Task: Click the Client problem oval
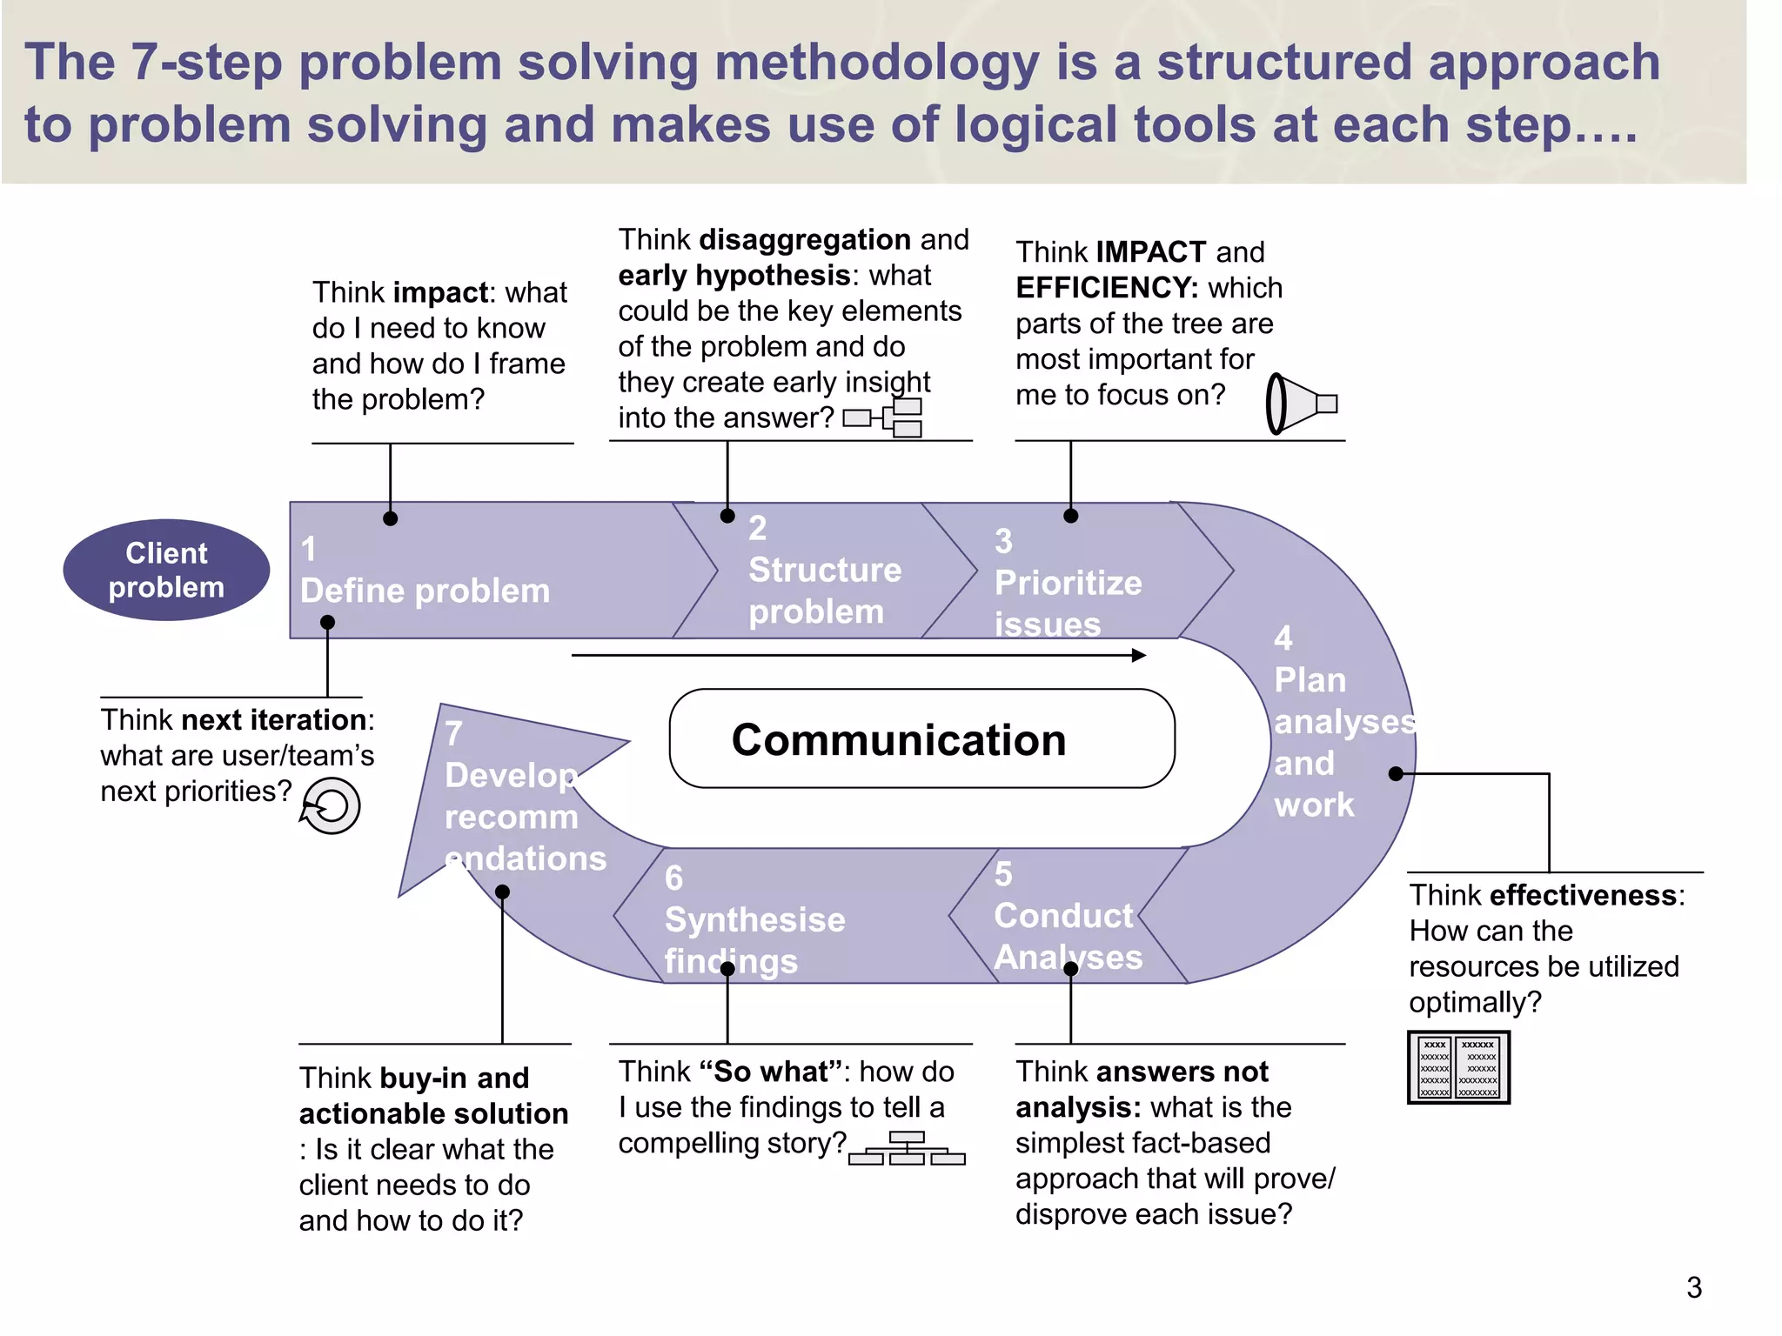click(x=166, y=571)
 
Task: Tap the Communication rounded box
click(x=921, y=739)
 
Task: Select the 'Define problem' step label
click(x=425, y=591)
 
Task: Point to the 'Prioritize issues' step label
click(x=1068, y=603)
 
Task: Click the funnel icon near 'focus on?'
click(x=1300, y=404)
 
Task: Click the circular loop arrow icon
click(x=331, y=806)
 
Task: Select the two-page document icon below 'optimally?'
click(x=1458, y=1067)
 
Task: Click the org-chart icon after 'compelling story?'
click(x=907, y=1148)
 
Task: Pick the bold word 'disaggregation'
click(x=805, y=239)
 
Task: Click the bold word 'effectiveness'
click(x=1583, y=895)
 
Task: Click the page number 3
click(x=1693, y=1287)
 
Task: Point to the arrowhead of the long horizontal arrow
click(x=1139, y=655)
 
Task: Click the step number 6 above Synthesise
click(x=674, y=878)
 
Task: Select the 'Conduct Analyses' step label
click(x=1067, y=936)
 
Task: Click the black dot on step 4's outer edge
click(x=1396, y=773)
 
